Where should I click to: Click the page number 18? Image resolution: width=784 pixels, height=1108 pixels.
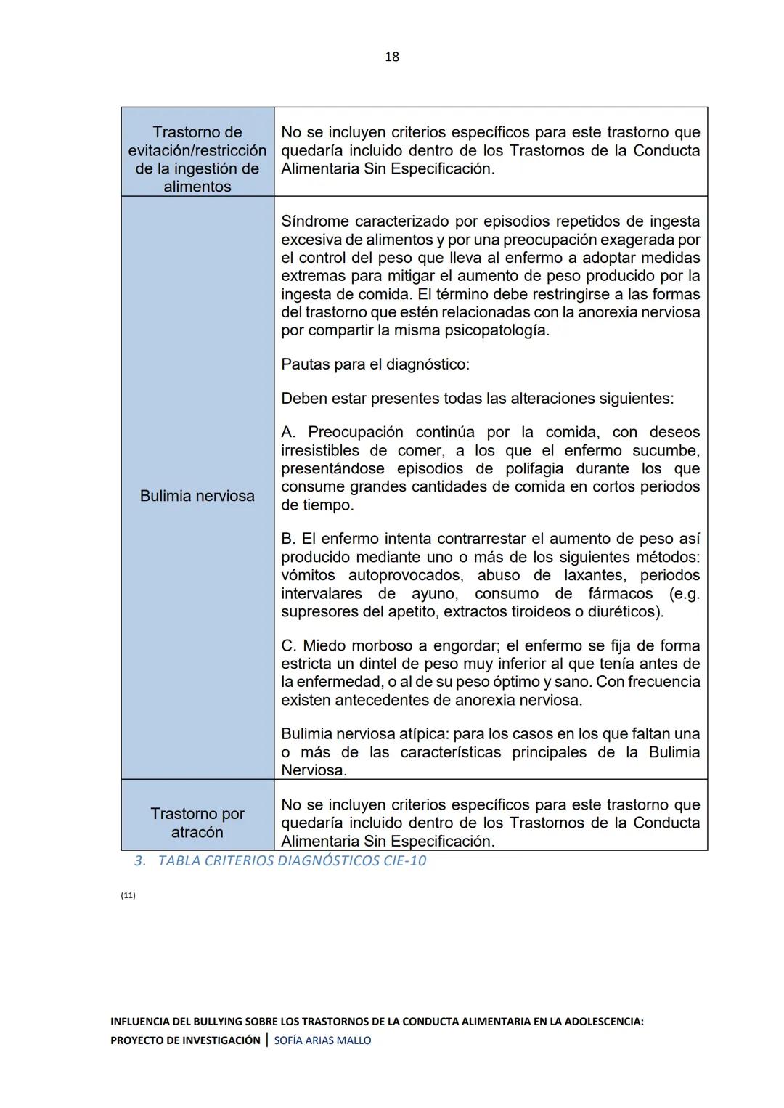click(391, 57)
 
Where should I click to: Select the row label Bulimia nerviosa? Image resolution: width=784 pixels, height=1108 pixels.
click(197, 496)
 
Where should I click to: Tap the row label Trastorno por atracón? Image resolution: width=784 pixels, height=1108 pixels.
click(197, 823)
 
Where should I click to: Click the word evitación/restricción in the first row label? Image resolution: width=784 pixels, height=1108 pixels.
click(197, 150)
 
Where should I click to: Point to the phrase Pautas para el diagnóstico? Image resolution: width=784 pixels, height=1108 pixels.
click(375, 364)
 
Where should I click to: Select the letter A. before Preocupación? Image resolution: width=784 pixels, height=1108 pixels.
click(288, 433)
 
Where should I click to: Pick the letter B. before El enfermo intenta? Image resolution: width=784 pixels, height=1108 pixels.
click(288, 539)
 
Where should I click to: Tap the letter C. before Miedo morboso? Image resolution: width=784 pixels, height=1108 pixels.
click(289, 645)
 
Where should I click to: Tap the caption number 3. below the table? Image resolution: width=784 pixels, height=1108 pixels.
click(140, 861)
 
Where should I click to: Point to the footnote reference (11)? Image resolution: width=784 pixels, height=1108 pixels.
click(128, 895)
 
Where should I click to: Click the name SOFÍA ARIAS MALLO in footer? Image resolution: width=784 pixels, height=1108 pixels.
click(322, 1040)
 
